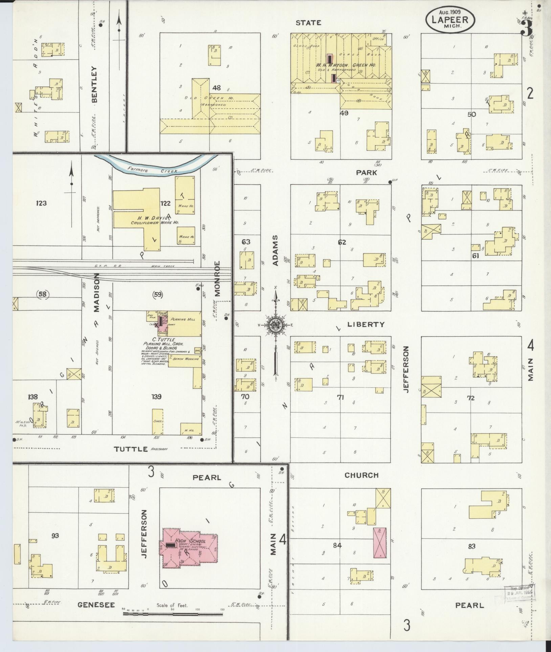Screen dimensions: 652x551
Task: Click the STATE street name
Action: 308,23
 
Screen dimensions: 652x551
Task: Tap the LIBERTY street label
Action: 366,324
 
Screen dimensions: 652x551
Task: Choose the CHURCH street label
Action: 361,475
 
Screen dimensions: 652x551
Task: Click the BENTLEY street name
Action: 94,84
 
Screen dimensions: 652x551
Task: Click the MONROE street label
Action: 217,278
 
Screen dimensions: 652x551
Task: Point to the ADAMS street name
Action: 275,250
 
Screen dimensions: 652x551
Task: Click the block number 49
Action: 344,113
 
